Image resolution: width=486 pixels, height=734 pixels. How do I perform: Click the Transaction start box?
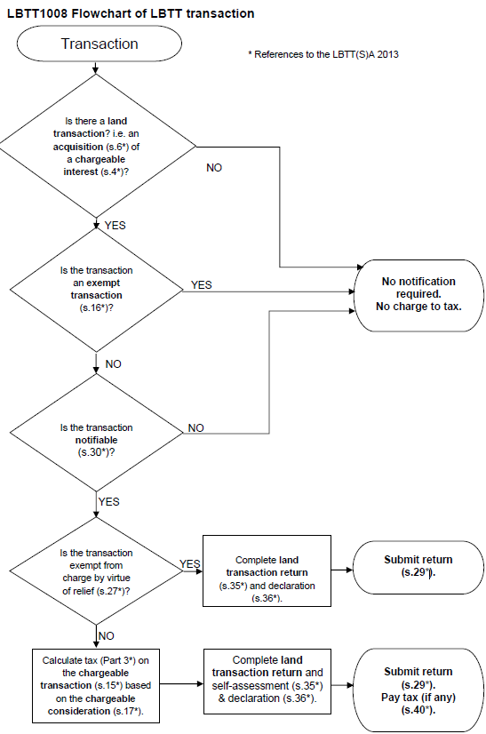tap(99, 44)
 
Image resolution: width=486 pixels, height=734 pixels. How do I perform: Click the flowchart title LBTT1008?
tap(131, 13)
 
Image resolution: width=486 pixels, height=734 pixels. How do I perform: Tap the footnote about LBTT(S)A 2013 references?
tap(323, 55)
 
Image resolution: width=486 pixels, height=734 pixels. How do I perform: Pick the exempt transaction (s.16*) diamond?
tap(96, 288)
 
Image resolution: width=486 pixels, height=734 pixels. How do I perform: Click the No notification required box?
tap(418, 293)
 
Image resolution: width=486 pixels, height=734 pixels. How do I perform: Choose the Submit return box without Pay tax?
tap(418, 566)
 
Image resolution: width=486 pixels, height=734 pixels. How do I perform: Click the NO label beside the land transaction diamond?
tap(214, 168)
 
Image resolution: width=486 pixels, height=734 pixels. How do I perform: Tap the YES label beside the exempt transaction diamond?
tap(202, 285)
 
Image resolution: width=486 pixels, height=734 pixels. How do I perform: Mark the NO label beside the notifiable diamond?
tap(196, 427)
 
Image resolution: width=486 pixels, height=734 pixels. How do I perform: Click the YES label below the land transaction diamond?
tap(116, 226)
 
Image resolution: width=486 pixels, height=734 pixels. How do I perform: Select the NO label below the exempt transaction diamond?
tap(114, 364)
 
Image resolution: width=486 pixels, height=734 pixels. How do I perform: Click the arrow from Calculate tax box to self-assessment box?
tap(179, 685)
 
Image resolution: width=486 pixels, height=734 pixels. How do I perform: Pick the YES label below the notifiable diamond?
tap(109, 502)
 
